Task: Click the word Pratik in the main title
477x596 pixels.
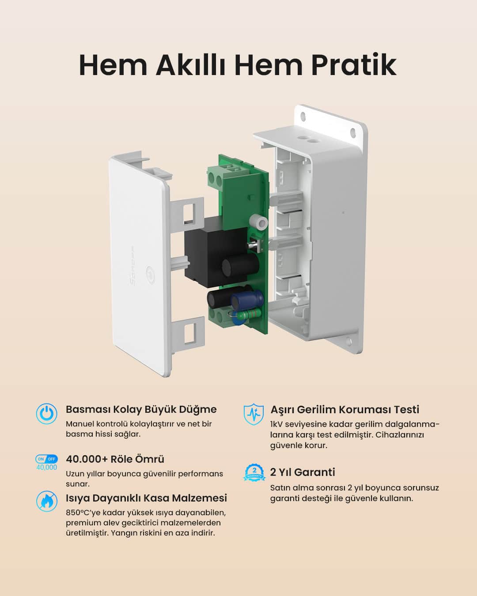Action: [353, 65]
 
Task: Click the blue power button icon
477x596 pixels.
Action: [46, 414]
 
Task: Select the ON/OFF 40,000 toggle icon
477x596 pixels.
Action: [46, 462]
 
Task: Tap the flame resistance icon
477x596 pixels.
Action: [46, 501]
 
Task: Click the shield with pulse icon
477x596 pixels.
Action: [254, 414]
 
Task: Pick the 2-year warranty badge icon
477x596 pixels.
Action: [254, 472]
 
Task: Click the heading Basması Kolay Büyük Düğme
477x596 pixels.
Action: [141, 409]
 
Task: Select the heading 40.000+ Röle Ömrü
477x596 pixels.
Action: [115, 459]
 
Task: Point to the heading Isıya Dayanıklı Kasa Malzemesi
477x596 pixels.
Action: [146, 498]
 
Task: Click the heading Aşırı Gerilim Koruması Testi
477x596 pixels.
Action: [344, 409]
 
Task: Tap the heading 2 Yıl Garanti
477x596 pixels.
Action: [303, 472]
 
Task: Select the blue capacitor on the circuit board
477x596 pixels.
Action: [241, 302]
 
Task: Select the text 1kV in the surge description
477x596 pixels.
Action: [276, 424]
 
